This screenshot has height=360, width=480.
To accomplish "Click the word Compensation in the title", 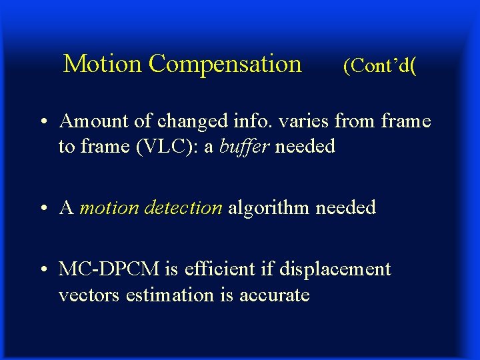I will click(225, 65).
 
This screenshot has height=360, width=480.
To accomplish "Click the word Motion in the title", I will click(103, 64).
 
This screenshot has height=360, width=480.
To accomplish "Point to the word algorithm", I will click(269, 207).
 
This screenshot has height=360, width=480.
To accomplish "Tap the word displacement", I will click(334, 269).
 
